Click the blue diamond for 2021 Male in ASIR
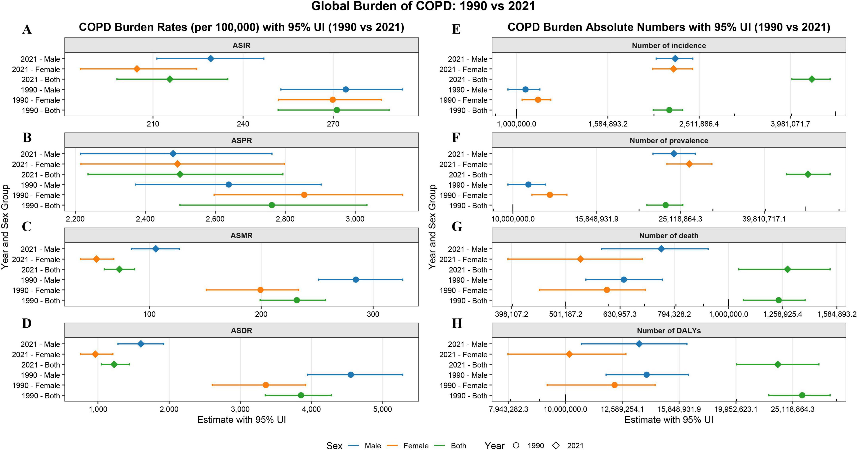(210, 59)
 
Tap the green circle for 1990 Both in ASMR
(297, 300)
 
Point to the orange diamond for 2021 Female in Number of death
(580, 259)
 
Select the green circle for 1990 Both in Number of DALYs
(802, 395)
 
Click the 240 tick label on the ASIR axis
(243, 124)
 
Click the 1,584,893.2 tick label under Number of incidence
(608, 124)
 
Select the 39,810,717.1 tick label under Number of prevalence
(764, 219)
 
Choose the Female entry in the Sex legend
(416, 446)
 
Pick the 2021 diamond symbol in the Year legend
(556, 445)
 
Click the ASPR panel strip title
(241, 140)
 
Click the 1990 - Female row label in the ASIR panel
(36, 100)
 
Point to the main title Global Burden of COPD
(423, 6)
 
